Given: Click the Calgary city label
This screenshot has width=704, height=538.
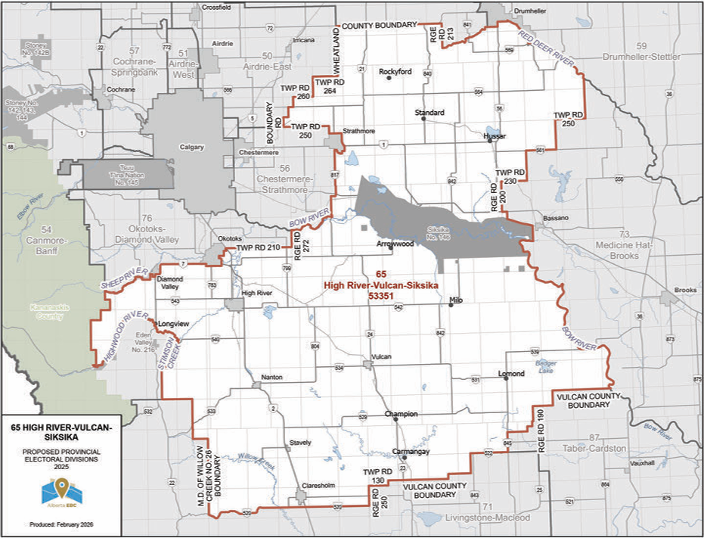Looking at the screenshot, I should [191, 147].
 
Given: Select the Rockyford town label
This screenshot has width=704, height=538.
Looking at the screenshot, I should [395, 71].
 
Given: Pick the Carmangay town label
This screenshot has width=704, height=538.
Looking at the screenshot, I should [411, 451].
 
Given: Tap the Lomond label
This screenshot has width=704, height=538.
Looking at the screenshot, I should [512, 374].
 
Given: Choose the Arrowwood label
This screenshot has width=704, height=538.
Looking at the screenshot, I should [395, 245].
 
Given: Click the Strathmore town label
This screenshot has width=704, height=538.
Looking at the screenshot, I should [358, 130].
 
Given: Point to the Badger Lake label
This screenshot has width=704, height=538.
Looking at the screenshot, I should [546, 366].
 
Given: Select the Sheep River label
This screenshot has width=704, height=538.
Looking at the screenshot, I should [123, 277].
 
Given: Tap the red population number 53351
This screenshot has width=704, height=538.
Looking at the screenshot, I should [381, 298].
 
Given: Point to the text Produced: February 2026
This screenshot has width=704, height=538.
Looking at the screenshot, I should [61, 524].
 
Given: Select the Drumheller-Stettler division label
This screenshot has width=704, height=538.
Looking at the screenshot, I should [647, 57].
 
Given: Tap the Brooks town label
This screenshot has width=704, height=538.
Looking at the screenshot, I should [685, 290].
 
